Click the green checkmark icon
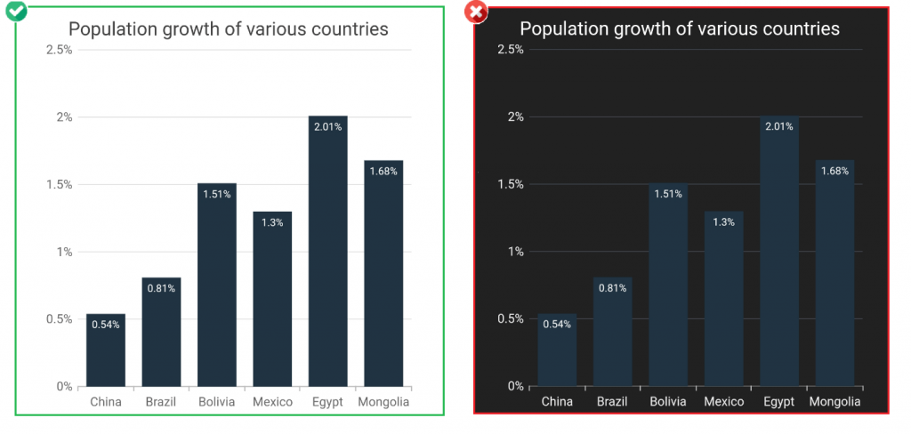click(x=15, y=12)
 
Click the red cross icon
click(x=476, y=12)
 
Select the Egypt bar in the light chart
click(x=327, y=258)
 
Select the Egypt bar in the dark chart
click(x=779, y=258)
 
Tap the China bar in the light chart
click(x=106, y=356)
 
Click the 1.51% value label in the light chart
click(x=216, y=195)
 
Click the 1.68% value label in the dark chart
click(x=834, y=171)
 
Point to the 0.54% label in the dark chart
click(x=557, y=325)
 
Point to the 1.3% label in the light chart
click(x=272, y=222)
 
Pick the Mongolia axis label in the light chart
click(x=383, y=402)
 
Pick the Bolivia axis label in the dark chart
click(x=668, y=402)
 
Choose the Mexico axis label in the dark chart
click(x=724, y=402)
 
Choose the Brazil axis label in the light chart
click(x=161, y=402)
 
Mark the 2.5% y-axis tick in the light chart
click(x=59, y=50)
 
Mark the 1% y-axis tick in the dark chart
click(x=516, y=252)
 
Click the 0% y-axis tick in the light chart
click(x=64, y=386)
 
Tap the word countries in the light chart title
click(x=350, y=28)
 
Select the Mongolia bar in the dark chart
click(x=834, y=276)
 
